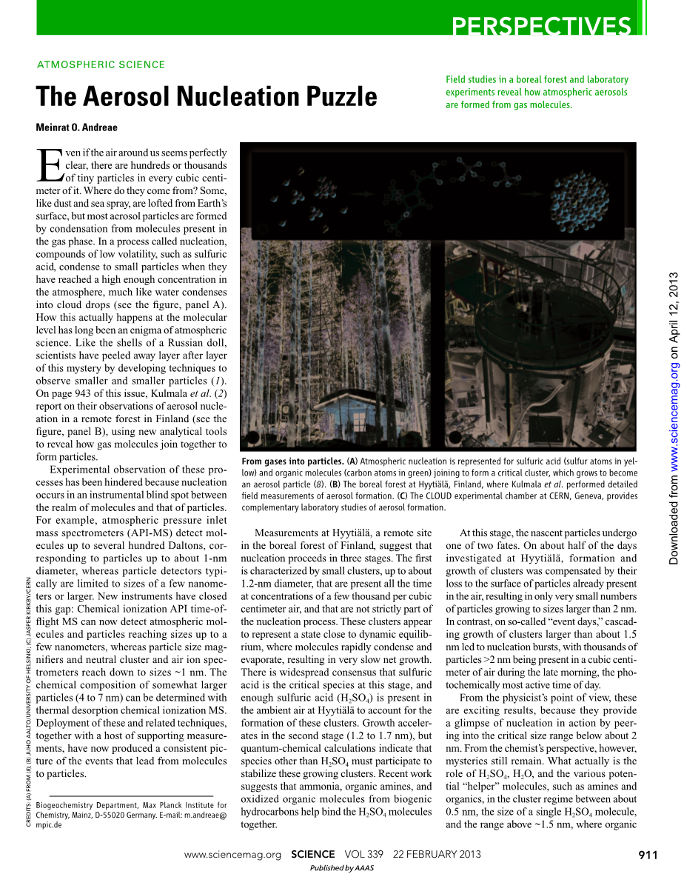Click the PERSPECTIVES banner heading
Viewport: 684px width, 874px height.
tap(542, 26)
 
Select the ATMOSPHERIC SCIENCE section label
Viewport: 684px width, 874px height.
tap(101, 64)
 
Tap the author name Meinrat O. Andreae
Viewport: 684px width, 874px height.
tap(76, 127)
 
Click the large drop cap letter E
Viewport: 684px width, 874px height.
tap(50, 165)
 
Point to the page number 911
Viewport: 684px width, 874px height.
tap(648, 855)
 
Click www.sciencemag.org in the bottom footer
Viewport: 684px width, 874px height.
tap(232, 855)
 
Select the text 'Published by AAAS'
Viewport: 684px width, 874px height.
tap(341, 868)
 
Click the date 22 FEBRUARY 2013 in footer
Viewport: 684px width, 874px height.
tap(437, 855)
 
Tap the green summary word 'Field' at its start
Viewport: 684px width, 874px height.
tap(456, 80)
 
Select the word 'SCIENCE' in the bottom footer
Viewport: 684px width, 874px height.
tap(316, 855)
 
